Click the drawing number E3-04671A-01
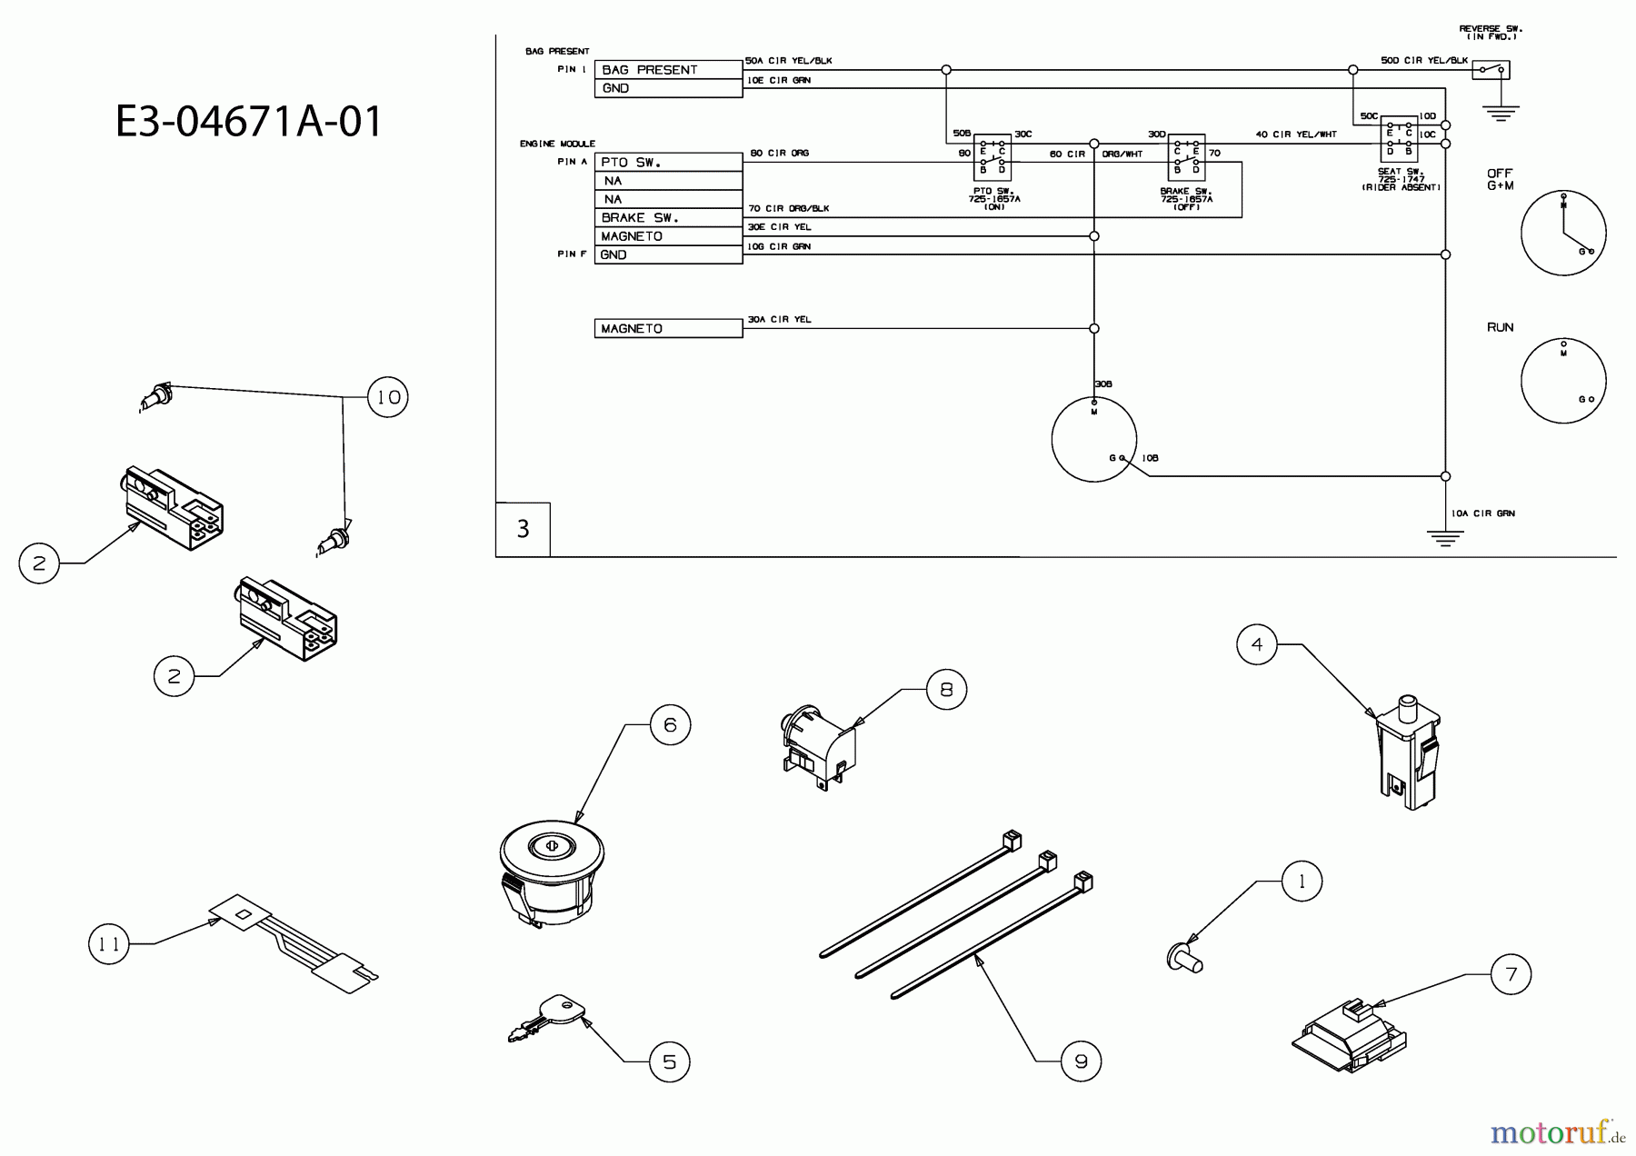pos(249,122)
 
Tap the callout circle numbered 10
pos(388,397)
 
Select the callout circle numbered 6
pos(670,724)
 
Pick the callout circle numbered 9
pos(1081,1061)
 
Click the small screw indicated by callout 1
pos(1184,955)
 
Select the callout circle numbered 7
pos(1511,974)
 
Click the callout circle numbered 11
pos(109,944)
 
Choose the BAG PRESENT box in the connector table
pos(668,70)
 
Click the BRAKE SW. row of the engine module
pos(668,218)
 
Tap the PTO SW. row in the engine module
pos(668,163)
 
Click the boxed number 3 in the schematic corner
pos(523,529)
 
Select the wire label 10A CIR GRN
pos(1482,513)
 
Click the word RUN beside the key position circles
pos(1501,327)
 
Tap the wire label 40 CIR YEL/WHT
pos(1295,135)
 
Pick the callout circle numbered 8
pos(946,690)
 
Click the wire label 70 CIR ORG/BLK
pos(788,209)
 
